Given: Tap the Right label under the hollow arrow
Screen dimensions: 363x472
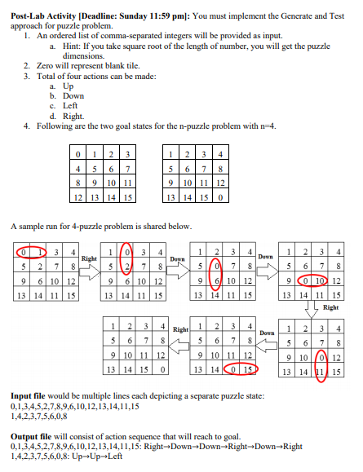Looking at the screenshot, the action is pyautogui.click(x=330, y=308).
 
